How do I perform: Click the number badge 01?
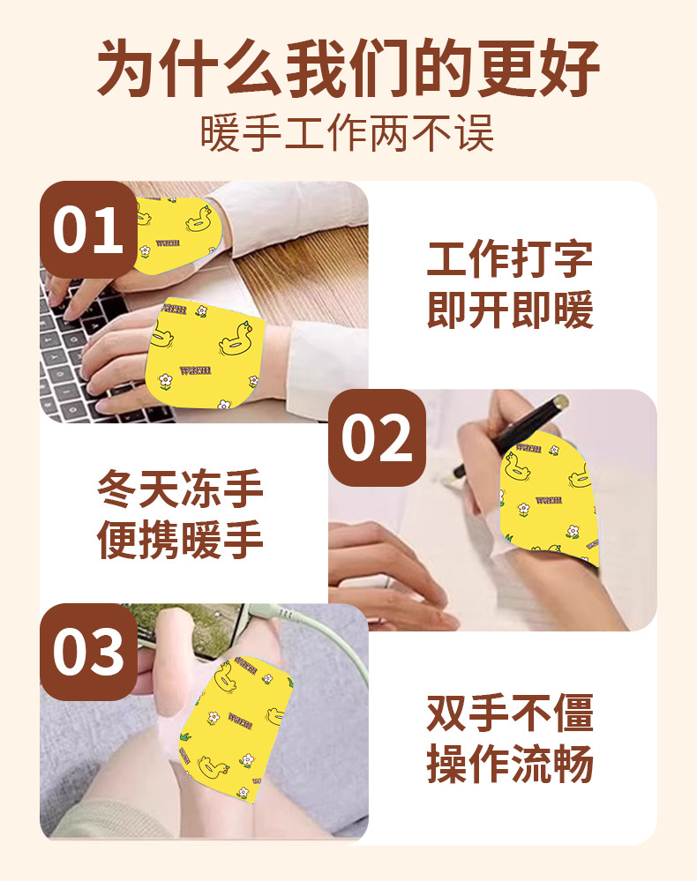point(87,230)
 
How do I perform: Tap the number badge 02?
point(377,438)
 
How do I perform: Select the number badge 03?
point(87,653)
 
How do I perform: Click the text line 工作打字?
point(510,259)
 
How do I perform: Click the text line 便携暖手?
point(181,540)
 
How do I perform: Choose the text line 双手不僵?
point(510,713)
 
